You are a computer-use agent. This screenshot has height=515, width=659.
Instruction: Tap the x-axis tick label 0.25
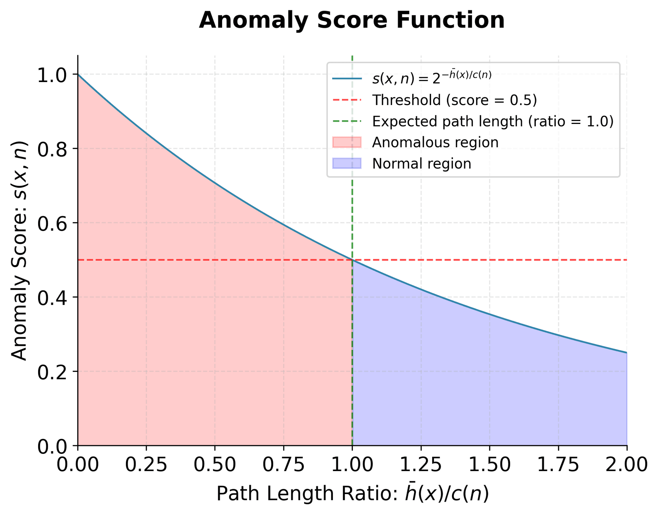coord(146,465)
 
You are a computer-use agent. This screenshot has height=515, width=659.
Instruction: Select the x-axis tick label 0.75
coord(284,465)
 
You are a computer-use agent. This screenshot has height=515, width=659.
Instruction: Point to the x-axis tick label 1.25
coord(421,465)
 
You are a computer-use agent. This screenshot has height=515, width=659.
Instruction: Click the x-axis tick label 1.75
coord(558,465)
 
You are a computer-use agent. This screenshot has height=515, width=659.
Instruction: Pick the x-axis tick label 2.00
coord(626,465)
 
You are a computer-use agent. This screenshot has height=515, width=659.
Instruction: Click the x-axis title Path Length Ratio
coord(352,494)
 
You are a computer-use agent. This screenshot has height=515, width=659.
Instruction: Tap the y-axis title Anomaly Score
coord(20,251)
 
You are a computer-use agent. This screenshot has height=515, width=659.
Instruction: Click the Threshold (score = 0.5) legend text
coord(454,100)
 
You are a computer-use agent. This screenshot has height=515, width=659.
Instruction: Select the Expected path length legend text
coord(493,121)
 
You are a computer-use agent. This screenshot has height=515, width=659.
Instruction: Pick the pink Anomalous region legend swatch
coord(347,142)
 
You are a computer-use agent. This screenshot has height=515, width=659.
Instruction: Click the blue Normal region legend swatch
coord(347,163)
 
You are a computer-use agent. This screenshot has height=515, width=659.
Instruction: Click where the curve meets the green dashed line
coord(352,260)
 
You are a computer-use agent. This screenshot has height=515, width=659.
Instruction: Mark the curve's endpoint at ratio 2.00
coord(627,353)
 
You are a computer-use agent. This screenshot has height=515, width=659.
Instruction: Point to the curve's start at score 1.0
coord(78,75)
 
